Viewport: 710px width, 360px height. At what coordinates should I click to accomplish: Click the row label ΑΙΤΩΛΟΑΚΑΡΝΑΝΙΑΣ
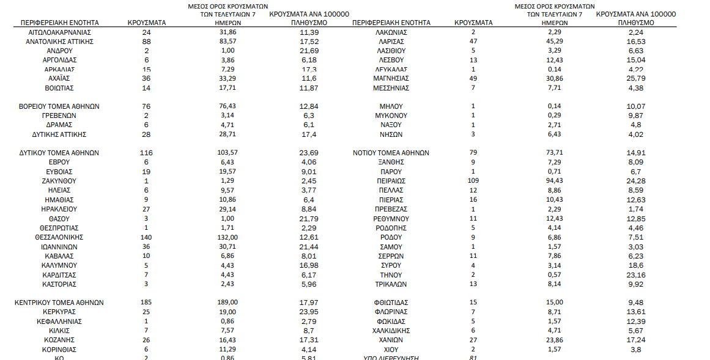click(x=56, y=32)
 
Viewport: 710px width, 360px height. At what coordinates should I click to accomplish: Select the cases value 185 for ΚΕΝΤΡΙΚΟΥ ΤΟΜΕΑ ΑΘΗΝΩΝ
click(x=147, y=303)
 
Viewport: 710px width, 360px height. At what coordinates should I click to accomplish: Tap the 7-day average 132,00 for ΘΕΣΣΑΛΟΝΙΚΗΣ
click(x=228, y=237)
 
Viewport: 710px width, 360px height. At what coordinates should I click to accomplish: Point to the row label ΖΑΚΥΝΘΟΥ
click(x=59, y=181)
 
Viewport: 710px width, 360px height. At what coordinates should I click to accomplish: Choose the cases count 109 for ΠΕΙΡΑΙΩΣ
click(x=473, y=181)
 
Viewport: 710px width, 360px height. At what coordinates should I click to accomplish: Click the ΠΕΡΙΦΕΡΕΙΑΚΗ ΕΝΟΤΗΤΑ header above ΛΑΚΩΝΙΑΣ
click(x=391, y=23)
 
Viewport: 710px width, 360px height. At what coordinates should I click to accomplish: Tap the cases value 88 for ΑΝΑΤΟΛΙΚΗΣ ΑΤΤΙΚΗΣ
click(x=147, y=41)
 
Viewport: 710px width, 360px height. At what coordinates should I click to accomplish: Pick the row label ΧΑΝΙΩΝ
click(x=391, y=340)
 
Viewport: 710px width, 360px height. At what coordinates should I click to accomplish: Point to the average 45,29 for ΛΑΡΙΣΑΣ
click(x=555, y=41)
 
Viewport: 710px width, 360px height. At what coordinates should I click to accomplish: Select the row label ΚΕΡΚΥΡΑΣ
click(x=59, y=312)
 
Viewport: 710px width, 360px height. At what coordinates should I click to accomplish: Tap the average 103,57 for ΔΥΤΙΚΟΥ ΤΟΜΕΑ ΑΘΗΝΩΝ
click(x=228, y=153)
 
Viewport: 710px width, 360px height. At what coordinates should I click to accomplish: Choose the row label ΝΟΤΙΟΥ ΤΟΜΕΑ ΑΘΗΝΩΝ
click(x=391, y=153)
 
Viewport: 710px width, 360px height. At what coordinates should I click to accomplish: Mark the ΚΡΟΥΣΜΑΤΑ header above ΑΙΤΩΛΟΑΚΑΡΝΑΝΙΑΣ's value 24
click(x=147, y=23)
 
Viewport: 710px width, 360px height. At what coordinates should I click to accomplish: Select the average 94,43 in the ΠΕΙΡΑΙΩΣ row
click(x=555, y=181)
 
